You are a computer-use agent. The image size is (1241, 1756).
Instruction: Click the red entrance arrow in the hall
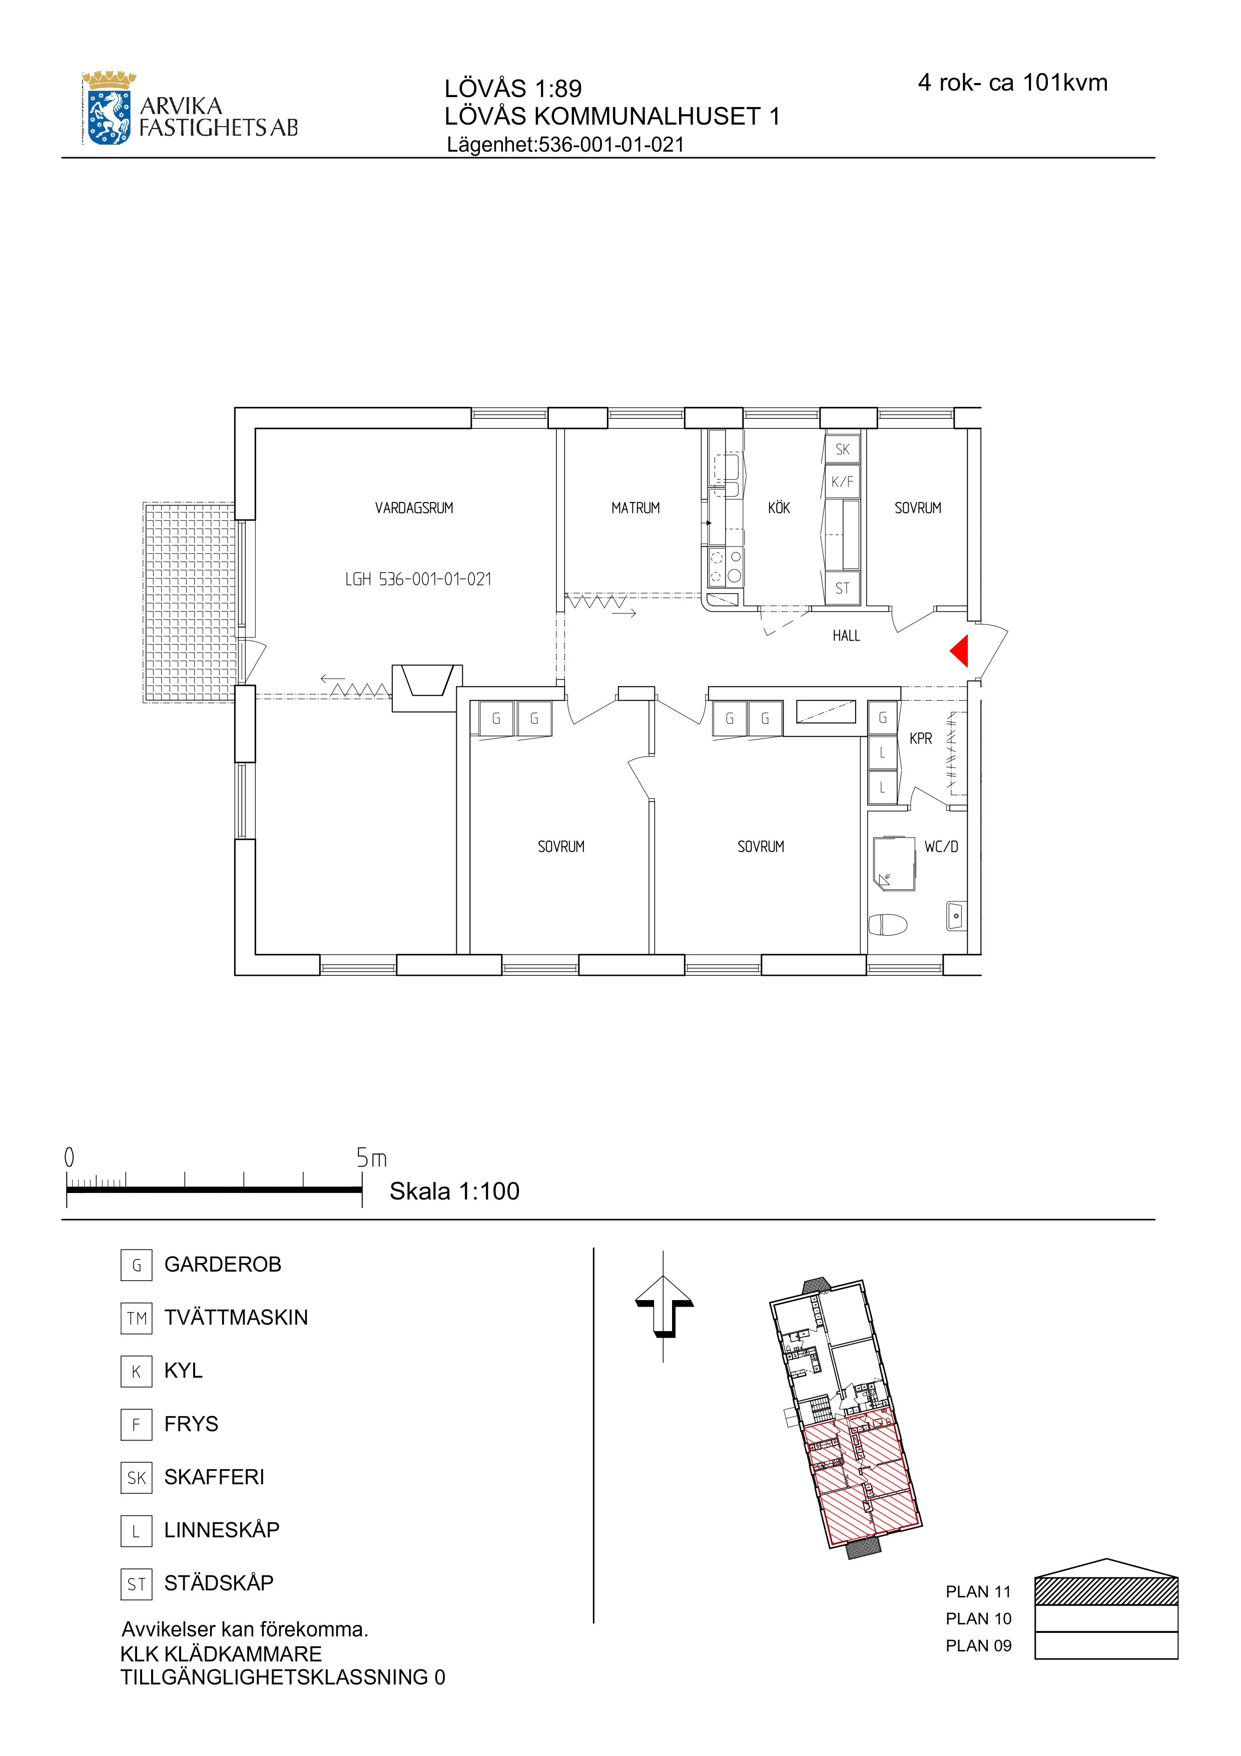pyautogui.click(x=960, y=651)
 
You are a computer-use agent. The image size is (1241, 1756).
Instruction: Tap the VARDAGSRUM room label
pyautogui.click(x=414, y=508)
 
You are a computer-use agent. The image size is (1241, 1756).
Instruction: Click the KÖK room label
pyautogui.click(x=779, y=508)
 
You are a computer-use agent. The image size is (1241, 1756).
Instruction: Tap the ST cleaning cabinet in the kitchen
pyautogui.click(x=842, y=588)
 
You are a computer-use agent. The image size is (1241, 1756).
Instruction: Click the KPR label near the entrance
pyautogui.click(x=921, y=739)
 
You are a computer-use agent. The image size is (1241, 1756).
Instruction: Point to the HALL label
pyautogui.click(x=846, y=636)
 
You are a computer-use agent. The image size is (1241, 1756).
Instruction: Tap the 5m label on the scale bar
pyautogui.click(x=372, y=1158)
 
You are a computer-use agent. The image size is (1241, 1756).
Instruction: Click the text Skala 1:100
pyautogui.click(x=454, y=1192)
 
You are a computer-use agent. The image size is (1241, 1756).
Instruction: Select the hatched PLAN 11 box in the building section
pyautogui.click(x=1106, y=1591)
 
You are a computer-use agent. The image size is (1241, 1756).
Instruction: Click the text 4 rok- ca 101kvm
pyautogui.click(x=1012, y=83)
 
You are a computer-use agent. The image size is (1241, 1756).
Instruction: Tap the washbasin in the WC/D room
pyautogui.click(x=956, y=915)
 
